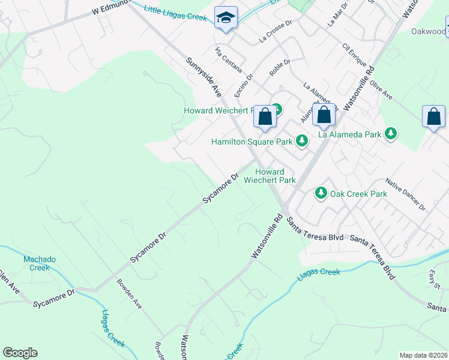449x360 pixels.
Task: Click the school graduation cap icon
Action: [x=226, y=17]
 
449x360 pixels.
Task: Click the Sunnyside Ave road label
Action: [x=204, y=77]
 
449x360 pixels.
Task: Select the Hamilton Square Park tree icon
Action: [x=301, y=142]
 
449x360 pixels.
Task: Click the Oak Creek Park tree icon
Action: [x=321, y=193]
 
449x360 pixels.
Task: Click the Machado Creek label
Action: [x=40, y=263]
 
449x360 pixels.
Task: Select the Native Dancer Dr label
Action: [x=405, y=193]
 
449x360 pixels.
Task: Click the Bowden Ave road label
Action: [x=129, y=294]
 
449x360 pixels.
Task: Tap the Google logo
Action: [x=20, y=353]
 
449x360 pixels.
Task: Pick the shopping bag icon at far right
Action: [x=433, y=116]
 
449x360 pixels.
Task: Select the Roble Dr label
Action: [x=280, y=67]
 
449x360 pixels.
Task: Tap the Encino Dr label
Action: [x=245, y=86]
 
